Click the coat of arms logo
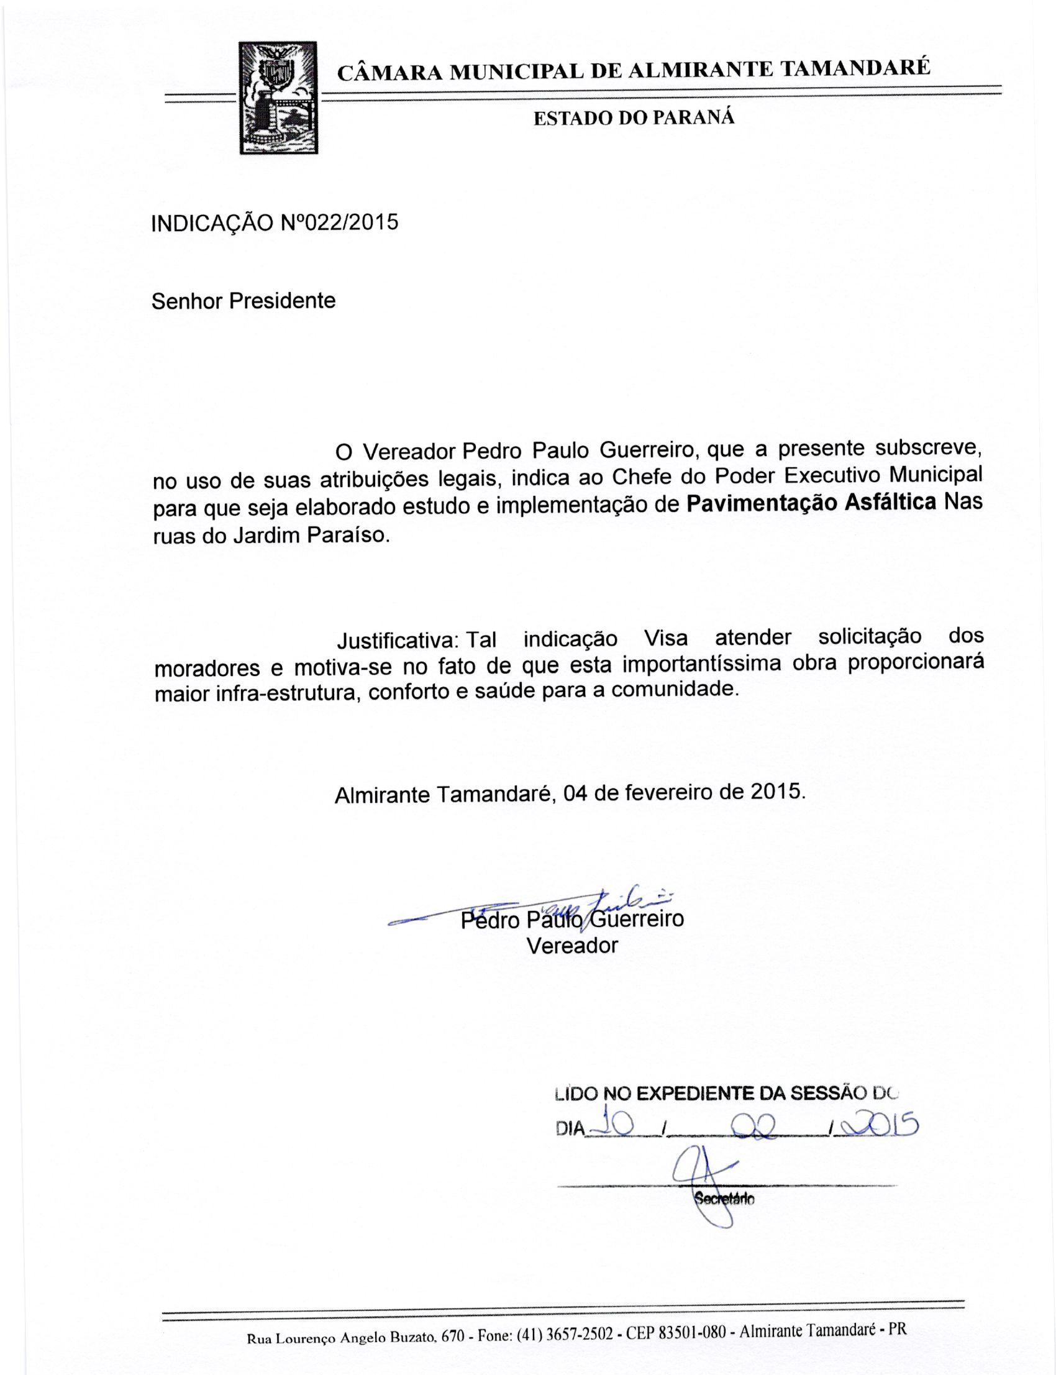278,98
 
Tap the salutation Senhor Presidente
244,301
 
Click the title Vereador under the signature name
572,946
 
